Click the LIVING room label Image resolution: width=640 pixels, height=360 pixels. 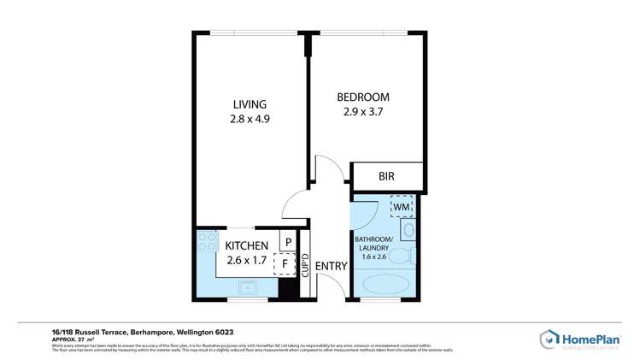point(249,104)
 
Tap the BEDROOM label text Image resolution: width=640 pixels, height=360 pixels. point(362,97)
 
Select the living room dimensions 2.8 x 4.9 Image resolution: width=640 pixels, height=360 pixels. point(249,120)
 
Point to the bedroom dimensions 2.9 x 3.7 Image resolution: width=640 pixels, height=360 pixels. point(362,111)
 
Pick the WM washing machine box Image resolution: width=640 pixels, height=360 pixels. point(402,206)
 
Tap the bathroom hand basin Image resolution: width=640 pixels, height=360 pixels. point(408,230)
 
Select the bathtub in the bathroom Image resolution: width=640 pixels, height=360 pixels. point(386,283)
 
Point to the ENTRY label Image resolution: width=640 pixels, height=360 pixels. point(331,266)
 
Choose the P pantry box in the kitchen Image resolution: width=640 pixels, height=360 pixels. point(289,242)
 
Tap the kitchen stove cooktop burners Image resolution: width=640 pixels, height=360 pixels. point(206,244)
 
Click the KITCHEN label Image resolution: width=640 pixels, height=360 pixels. point(247,245)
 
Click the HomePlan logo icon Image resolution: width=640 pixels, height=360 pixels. point(549,339)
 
